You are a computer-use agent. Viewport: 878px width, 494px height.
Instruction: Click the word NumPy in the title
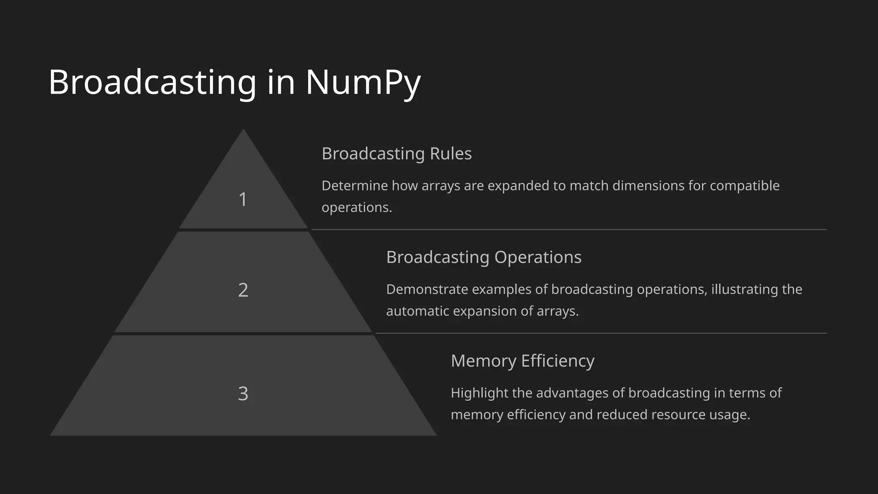tap(363, 82)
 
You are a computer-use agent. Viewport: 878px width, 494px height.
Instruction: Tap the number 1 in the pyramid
tap(243, 199)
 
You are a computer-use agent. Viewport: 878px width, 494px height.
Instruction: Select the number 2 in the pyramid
tap(243, 290)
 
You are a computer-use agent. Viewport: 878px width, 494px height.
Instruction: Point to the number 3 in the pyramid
tap(243, 394)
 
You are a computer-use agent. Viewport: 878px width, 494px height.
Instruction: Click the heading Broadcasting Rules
tap(397, 154)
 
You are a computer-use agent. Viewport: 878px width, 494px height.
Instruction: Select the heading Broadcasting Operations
tap(484, 257)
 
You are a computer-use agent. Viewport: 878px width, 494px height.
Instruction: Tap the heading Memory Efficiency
tap(522, 361)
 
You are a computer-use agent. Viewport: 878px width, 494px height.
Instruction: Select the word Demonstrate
tap(427, 289)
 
